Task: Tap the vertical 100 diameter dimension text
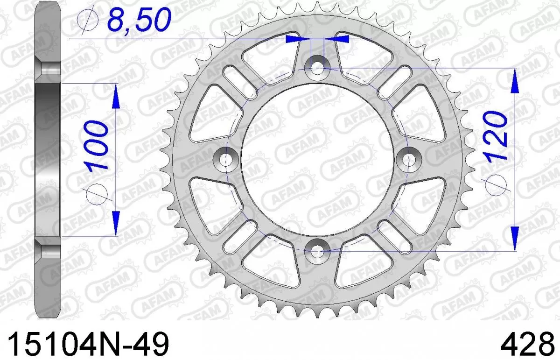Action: (x=95, y=145)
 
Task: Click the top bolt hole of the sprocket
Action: (x=317, y=67)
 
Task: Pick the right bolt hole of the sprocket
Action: (x=408, y=158)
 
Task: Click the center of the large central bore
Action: (x=317, y=158)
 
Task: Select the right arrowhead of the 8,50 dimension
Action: (x=337, y=39)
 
